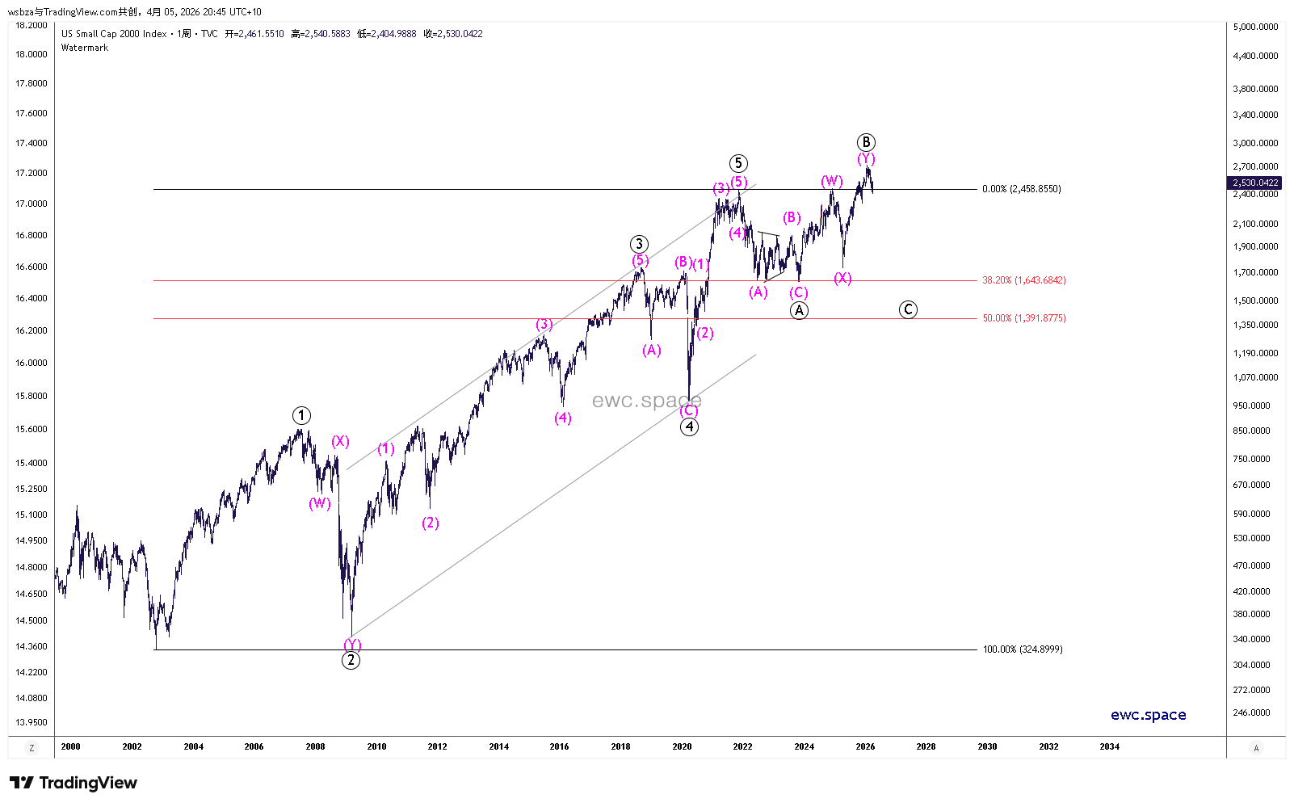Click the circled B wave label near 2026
(866, 142)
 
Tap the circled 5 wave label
(737, 163)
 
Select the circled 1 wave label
(301, 416)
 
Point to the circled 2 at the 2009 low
(351, 660)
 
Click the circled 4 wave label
(689, 427)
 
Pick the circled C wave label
(908, 309)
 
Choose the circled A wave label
(799, 310)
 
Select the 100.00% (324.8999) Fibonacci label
(1022, 649)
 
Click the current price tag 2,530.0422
(1254, 183)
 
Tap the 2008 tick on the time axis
(315, 746)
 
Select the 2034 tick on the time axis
(1109, 746)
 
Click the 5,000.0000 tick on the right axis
(1255, 27)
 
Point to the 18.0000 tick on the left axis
(32, 54)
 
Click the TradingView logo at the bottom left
(74, 783)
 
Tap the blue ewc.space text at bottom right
(1148, 715)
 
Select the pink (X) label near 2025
(842, 278)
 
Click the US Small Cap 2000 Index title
(114, 34)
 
